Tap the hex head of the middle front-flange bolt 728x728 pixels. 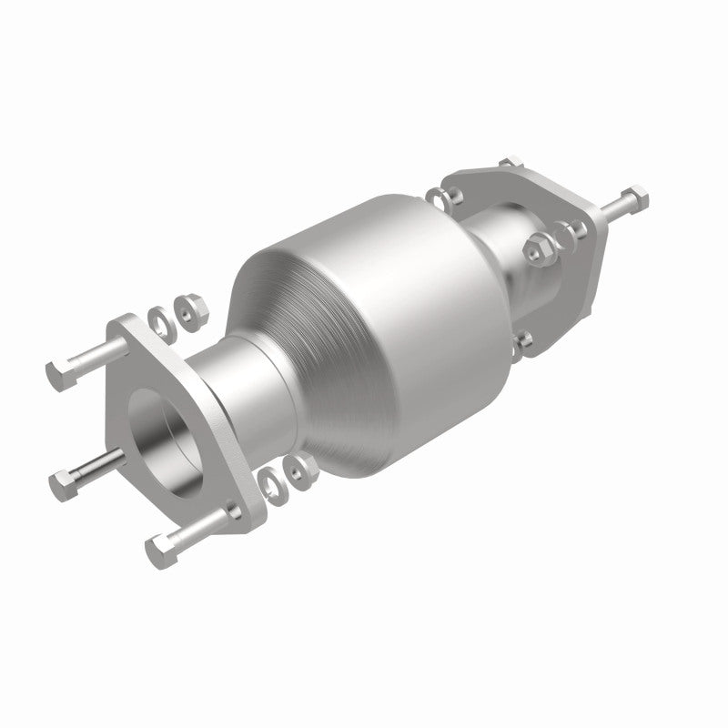pyautogui.click(x=66, y=475)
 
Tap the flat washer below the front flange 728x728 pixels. pyautogui.click(x=270, y=480)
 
